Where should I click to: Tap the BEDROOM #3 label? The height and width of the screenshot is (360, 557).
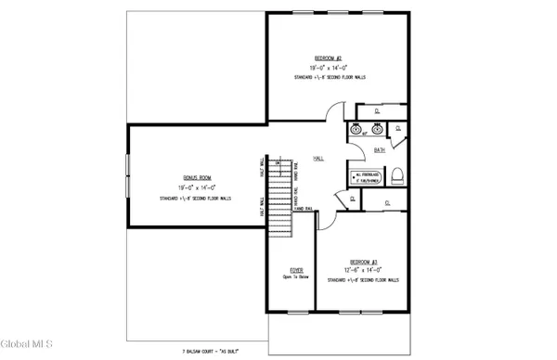(361, 261)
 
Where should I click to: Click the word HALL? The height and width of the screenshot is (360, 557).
(317, 158)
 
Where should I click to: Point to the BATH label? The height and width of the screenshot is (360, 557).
(380, 148)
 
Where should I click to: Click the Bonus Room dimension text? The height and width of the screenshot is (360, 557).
(194, 187)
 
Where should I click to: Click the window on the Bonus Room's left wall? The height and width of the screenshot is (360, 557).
(128, 176)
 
